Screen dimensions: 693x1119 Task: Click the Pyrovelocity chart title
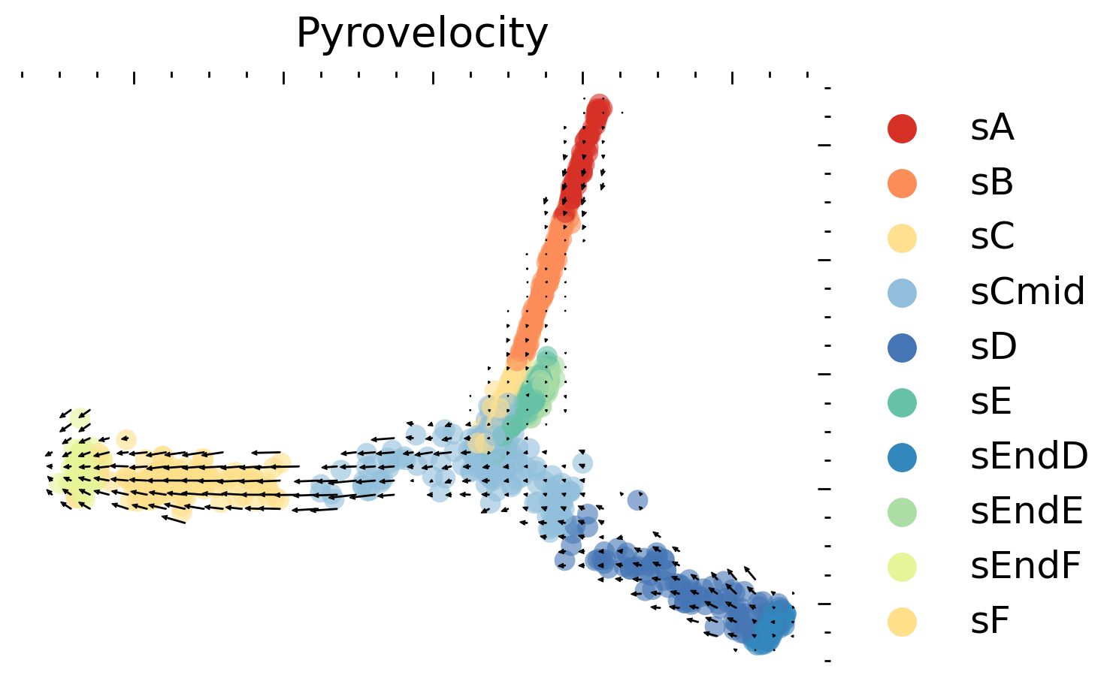pyautogui.click(x=422, y=34)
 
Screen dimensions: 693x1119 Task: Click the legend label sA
pyautogui.click(x=992, y=128)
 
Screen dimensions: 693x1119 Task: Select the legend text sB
pyautogui.click(x=992, y=183)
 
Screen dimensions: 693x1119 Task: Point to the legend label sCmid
pyautogui.click(x=1027, y=292)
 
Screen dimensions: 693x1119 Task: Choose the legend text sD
pyautogui.click(x=993, y=347)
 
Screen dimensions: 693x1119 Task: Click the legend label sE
pyautogui.click(x=991, y=402)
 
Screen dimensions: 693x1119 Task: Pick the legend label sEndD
pyautogui.click(x=1029, y=456)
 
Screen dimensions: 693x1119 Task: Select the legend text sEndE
pyautogui.click(x=1027, y=511)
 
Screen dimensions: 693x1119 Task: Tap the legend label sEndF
pyautogui.click(x=1025, y=566)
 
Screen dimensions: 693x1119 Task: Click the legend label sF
pyautogui.click(x=990, y=621)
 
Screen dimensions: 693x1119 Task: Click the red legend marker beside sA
pyautogui.click(x=902, y=128)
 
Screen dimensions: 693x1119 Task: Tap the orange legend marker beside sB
pyautogui.click(x=902, y=183)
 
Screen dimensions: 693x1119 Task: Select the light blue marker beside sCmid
pyautogui.click(x=902, y=292)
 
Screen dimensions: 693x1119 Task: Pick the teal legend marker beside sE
pyautogui.click(x=902, y=402)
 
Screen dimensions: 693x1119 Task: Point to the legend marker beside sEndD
pyautogui.click(x=902, y=456)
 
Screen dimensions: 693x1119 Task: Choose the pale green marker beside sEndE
pyautogui.click(x=902, y=511)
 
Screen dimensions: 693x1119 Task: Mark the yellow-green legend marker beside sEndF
pyautogui.click(x=902, y=566)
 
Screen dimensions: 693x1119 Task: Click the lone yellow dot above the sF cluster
pyautogui.click(x=126, y=438)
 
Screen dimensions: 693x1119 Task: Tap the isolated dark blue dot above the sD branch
pyautogui.click(x=638, y=500)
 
